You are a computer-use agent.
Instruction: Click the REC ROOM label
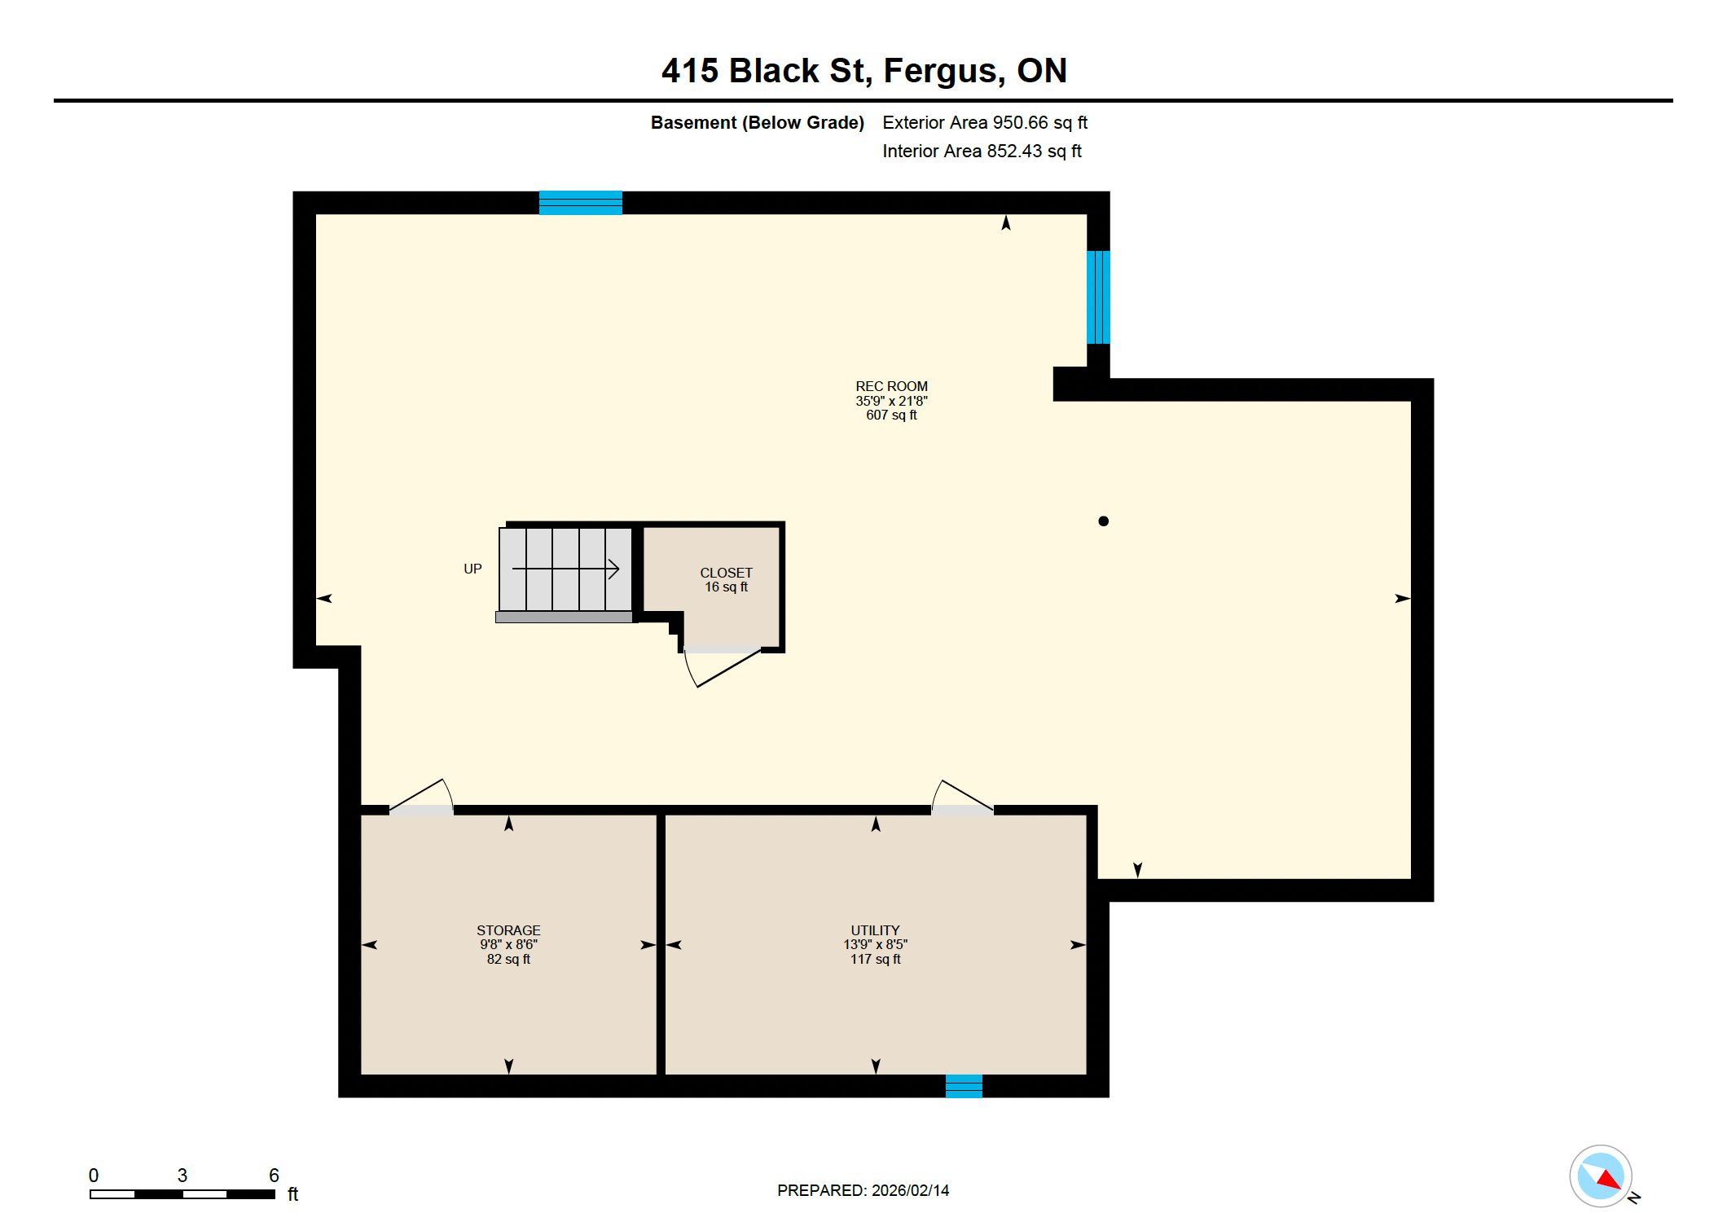pyautogui.click(x=891, y=386)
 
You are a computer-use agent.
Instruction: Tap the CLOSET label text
pyautogui.click(x=726, y=573)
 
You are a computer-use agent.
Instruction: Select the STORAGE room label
pyautogui.click(x=508, y=930)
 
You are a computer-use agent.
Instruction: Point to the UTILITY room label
pyautogui.click(x=875, y=930)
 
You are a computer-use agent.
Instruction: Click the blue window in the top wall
pyautogui.click(x=581, y=203)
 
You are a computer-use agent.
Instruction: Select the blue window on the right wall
pyautogui.click(x=1098, y=297)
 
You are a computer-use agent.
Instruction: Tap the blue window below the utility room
pyautogui.click(x=964, y=1086)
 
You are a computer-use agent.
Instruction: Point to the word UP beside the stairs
pyautogui.click(x=472, y=569)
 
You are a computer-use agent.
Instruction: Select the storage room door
pyautogui.click(x=420, y=795)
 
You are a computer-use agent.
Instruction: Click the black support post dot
pyautogui.click(x=1103, y=521)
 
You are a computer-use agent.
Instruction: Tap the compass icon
pyautogui.click(x=1602, y=1176)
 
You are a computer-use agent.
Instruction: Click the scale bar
pyautogui.click(x=182, y=1194)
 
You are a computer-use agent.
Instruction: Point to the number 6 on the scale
pyautogui.click(x=274, y=1176)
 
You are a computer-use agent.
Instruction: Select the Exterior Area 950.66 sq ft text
pyautogui.click(x=985, y=122)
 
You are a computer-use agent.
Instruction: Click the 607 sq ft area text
pyautogui.click(x=891, y=415)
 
